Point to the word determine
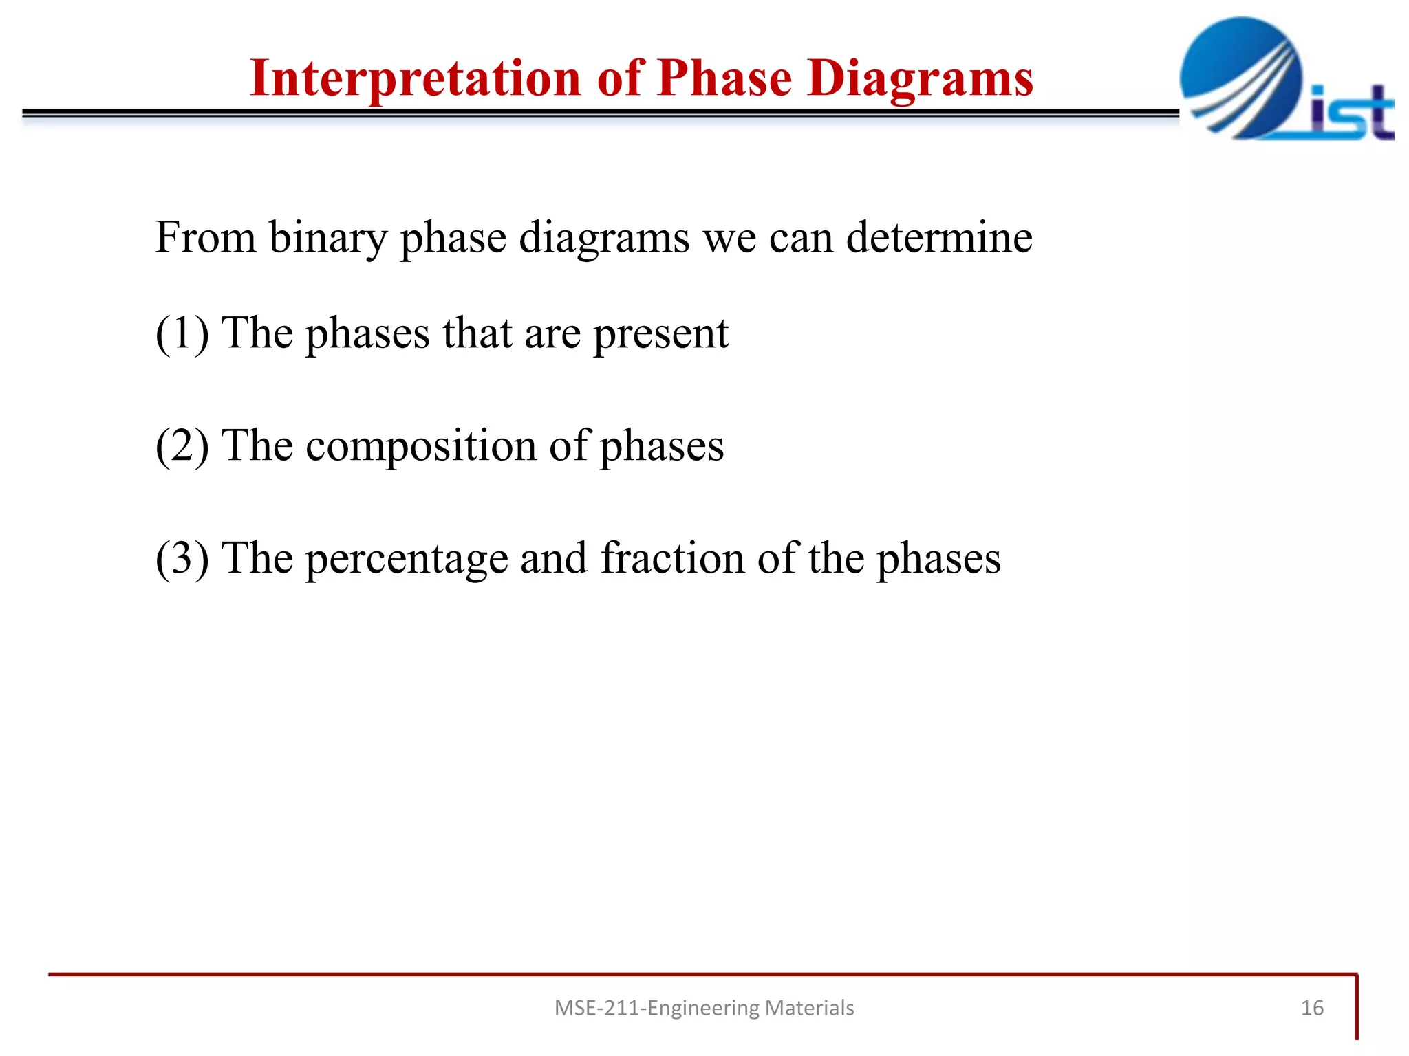pos(938,237)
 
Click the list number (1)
pos(182,333)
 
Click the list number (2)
pos(182,446)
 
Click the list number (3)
pos(182,558)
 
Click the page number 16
pos(1312,1008)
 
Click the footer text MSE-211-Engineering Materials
pos(704,1008)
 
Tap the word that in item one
pos(477,333)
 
